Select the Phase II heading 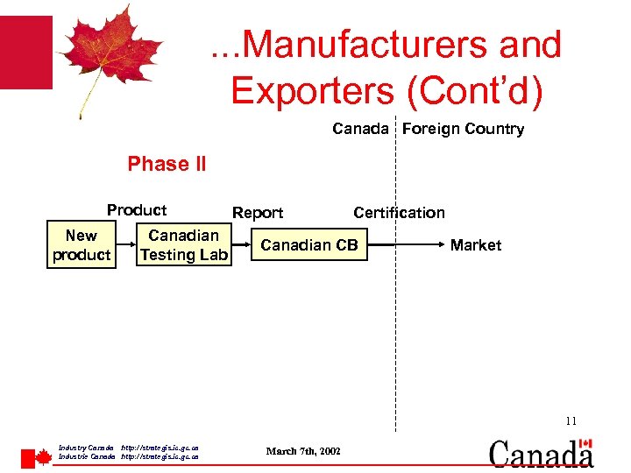click(167, 164)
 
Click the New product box click(82, 245)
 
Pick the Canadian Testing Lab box click(184, 245)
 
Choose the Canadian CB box click(309, 245)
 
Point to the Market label click(476, 245)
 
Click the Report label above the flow click(258, 213)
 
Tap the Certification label click(399, 213)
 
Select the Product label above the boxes click(137, 210)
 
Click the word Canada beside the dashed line click(359, 129)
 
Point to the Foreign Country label click(463, 129)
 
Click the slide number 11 click(571, 421)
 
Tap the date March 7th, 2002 click(303, 450)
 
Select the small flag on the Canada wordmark click(586, 445)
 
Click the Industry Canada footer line click(128, 448)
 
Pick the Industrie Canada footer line click(128, 456)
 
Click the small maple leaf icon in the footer click(42, 457)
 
